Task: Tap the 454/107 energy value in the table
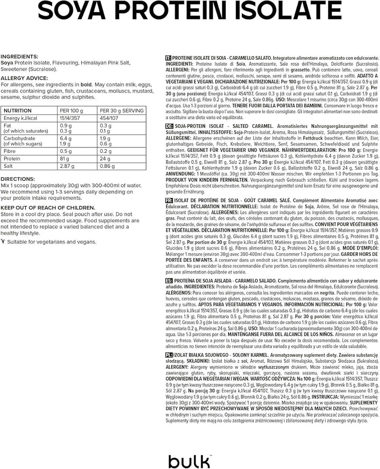click(x=110, y=118)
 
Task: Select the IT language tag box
click(x=168, y=57)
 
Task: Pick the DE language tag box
click(x=169, y=127)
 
